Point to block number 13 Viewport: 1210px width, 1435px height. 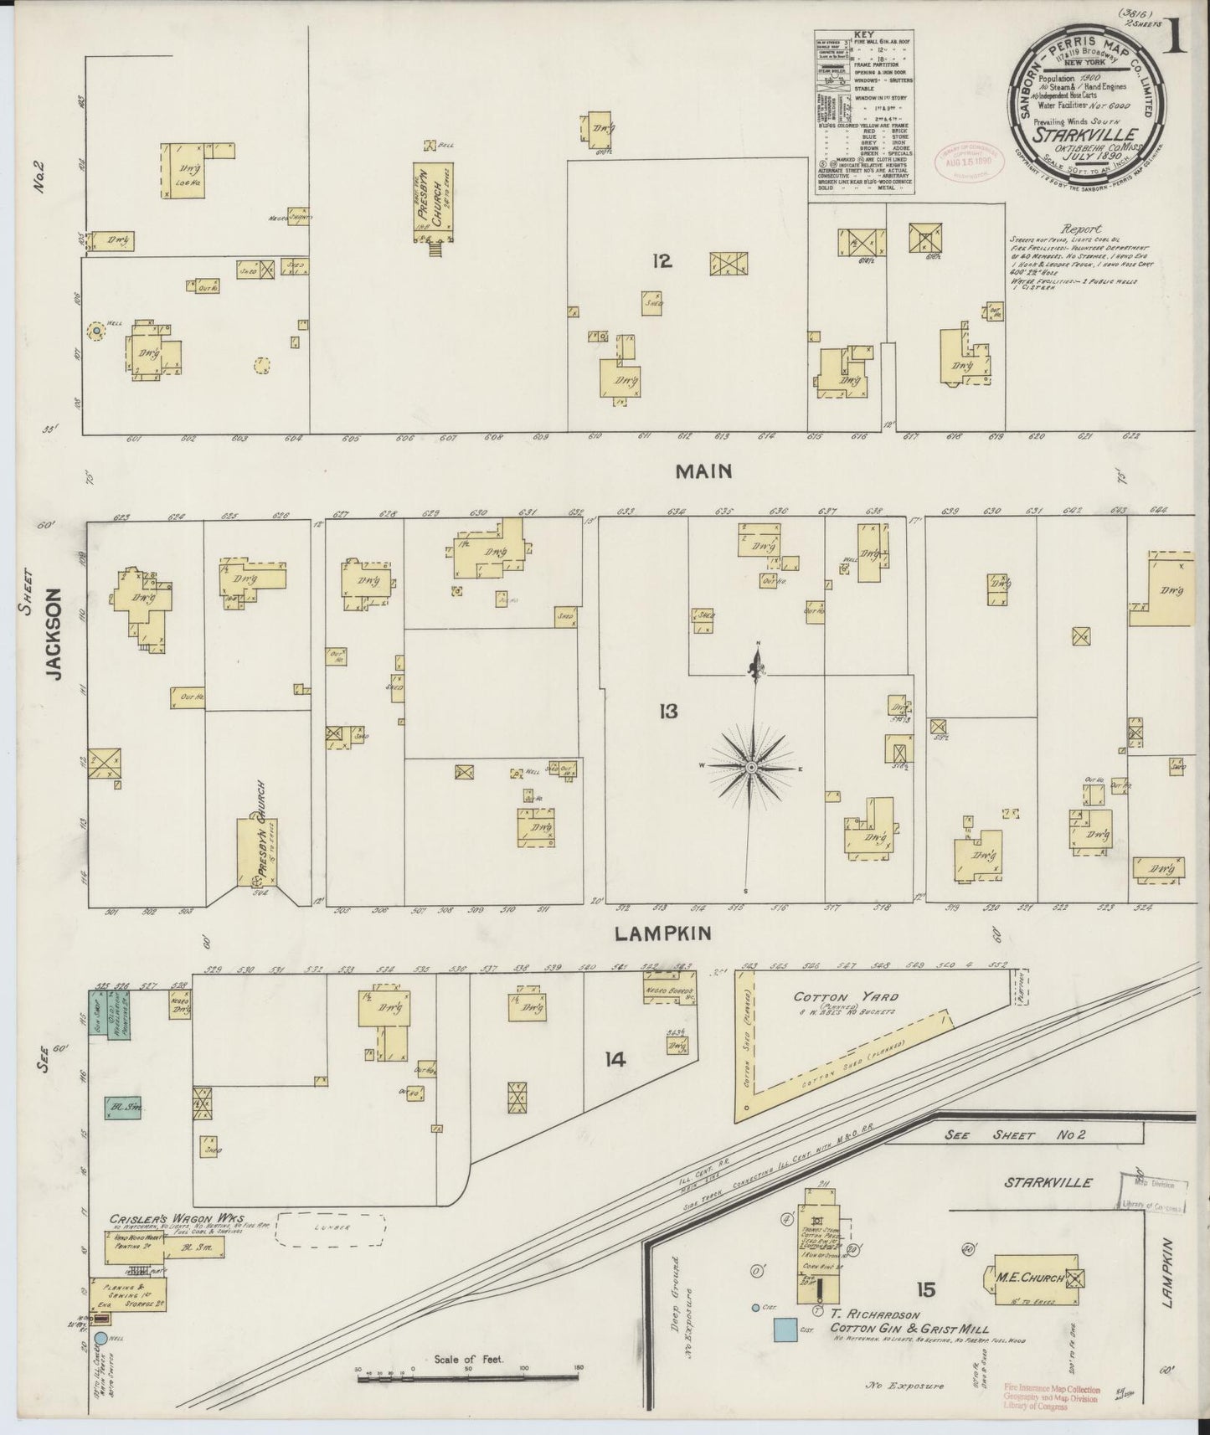point(667,712)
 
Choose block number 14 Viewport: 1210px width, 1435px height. point(615,1060)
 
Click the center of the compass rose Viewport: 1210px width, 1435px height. point(751,767)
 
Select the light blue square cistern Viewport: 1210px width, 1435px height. point(785,1328)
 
